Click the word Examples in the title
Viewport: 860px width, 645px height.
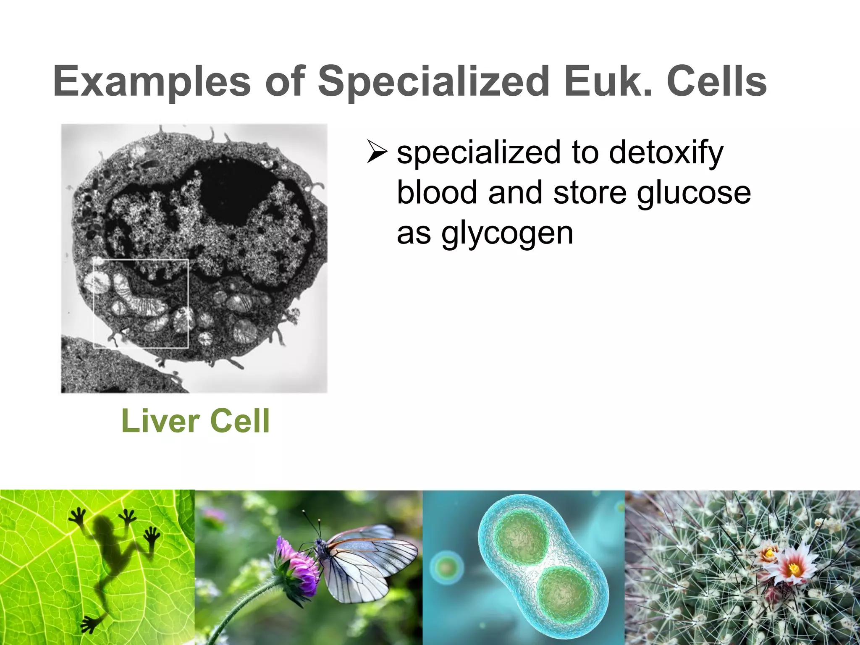point(152,81)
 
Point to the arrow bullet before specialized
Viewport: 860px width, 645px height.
point(377,152)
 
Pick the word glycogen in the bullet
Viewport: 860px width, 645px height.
point(507,233)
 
